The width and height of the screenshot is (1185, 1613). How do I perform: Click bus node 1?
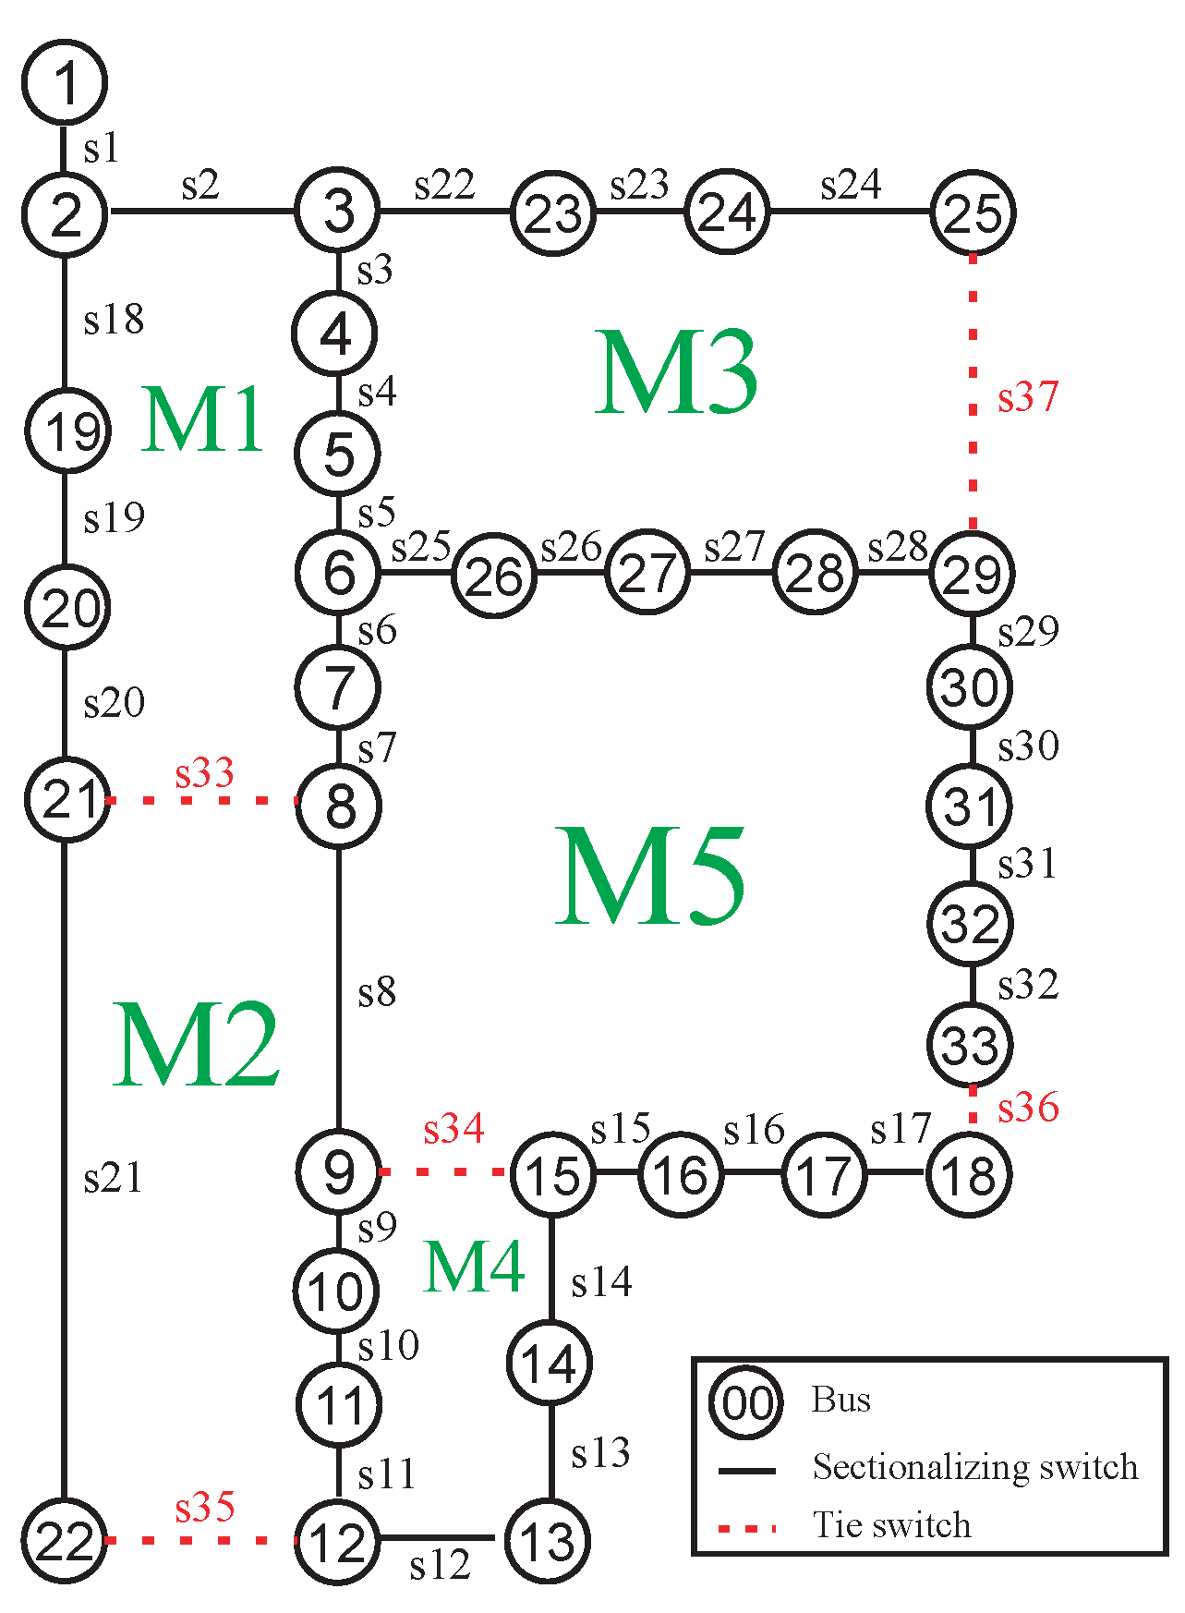(x=65, y=82)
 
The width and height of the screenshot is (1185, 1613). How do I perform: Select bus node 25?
(x=973, y=212)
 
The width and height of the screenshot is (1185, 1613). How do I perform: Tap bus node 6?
(x=338, y=572)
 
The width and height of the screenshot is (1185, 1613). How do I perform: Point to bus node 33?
(x=970, y=1045)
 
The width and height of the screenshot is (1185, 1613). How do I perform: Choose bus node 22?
(x=65, y=1540)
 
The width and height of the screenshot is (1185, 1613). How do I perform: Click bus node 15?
(x=552, y=1174)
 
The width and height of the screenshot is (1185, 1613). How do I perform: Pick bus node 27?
(x=647, y=573)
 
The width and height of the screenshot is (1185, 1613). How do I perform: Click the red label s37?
(x=1027, y=397)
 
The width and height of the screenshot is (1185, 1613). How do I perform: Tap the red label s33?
(x=204, y=773)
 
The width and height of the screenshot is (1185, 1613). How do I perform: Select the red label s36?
(x=1027, y=1107)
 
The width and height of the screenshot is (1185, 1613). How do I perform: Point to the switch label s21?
(x=113, y=1179)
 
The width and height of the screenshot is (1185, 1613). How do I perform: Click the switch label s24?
(x=851, y=185)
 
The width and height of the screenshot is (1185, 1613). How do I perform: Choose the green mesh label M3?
(x=676, y=371)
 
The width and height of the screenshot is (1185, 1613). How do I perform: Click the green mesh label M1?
(x=203, y=420)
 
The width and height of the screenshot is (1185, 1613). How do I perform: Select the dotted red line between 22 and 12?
(x=200, y=1540)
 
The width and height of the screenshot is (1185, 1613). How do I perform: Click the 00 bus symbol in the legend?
(x=746, y=1402)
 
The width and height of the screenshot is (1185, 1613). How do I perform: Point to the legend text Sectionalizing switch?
(x=974, y=1467)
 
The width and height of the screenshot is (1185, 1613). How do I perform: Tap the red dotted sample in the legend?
(x=746, y=1529)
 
